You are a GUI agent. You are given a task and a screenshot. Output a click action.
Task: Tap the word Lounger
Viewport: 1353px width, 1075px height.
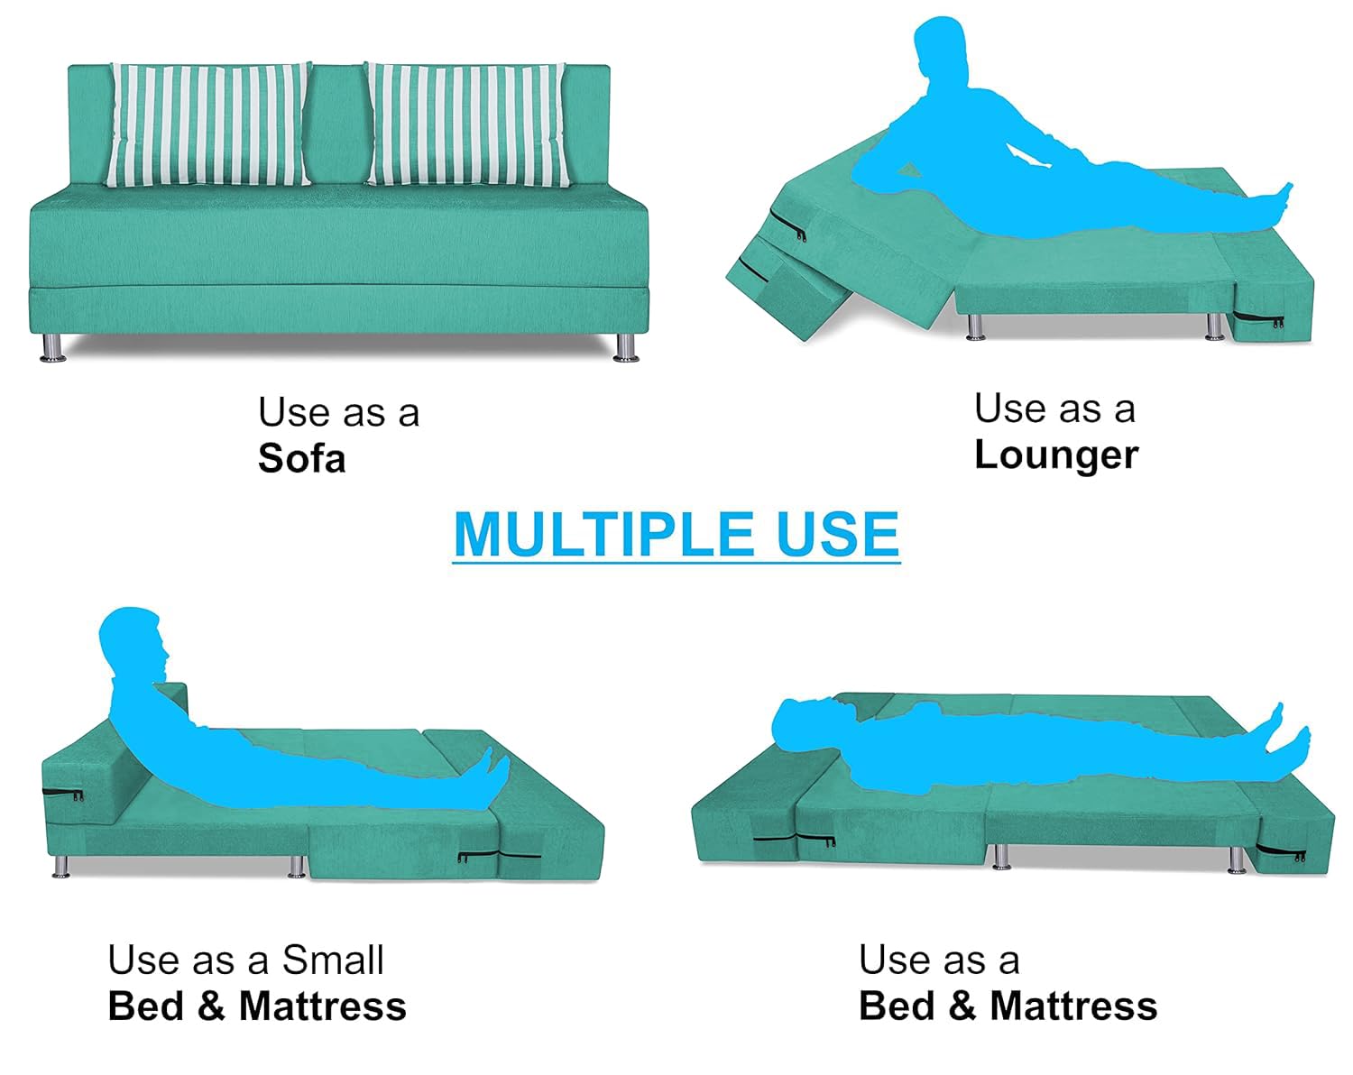pos(1056,455)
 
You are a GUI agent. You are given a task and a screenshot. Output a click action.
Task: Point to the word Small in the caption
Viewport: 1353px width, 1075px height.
pos(333,960)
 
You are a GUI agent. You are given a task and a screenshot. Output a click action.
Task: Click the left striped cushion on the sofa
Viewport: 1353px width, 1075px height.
pos(208,124)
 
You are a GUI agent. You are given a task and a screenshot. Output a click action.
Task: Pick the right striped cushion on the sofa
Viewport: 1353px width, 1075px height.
pos(468,124)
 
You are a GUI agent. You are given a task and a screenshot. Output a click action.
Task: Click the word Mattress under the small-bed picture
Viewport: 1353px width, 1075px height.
pos(323,1006)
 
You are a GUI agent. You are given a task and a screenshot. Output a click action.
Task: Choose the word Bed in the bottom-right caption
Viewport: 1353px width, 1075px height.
pos(896,1006)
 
